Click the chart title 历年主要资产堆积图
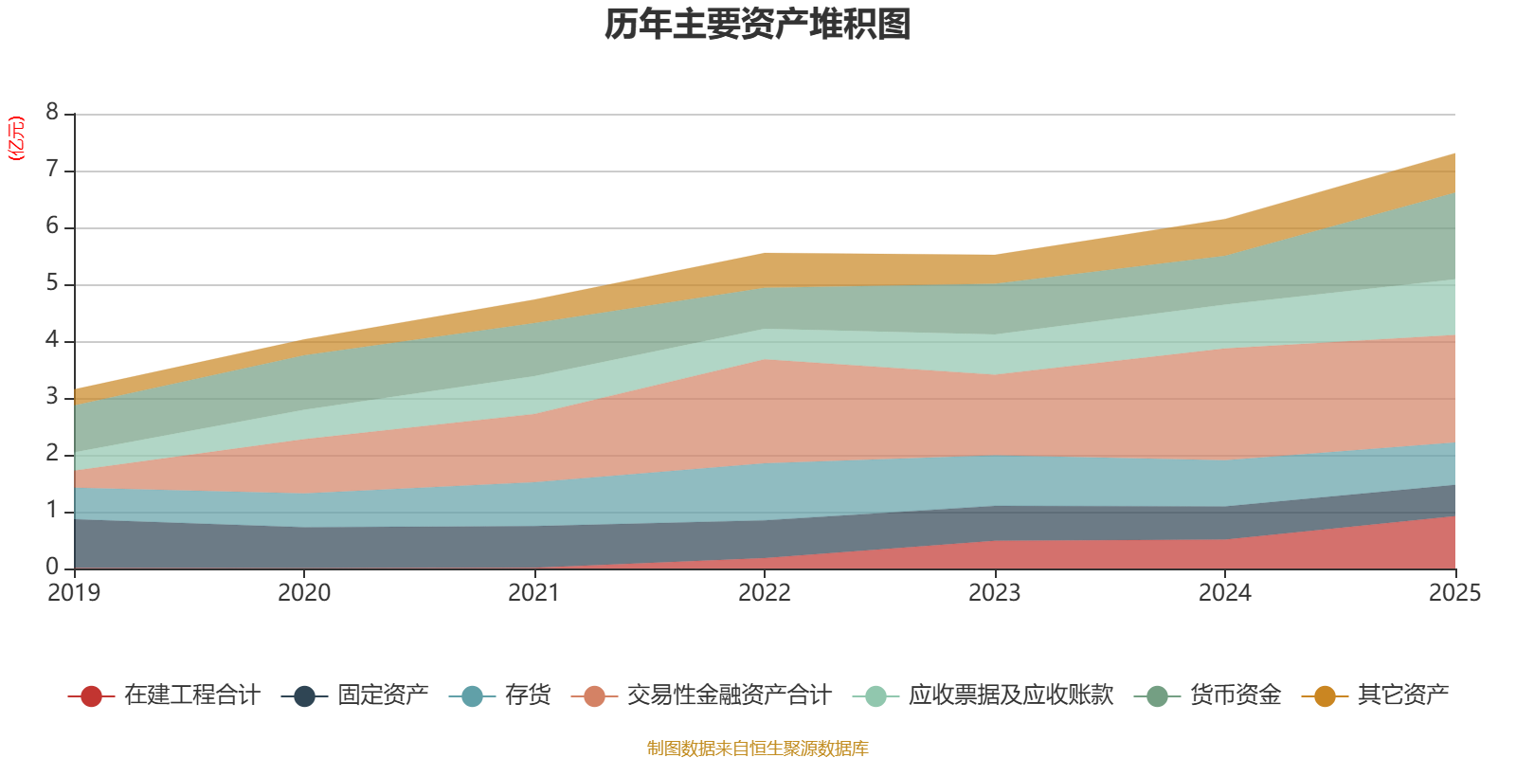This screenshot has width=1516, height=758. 758,25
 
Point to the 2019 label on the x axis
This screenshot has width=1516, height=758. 74,593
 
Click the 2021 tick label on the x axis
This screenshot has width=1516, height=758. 534,593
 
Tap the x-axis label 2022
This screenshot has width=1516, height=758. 765,593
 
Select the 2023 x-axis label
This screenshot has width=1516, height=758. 995,593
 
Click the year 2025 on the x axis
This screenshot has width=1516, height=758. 1454,593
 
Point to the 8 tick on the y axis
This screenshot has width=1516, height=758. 52,113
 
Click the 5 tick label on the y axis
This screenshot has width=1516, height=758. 52,283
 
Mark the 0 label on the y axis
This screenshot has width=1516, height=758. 52,567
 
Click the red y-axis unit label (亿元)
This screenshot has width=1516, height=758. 16,138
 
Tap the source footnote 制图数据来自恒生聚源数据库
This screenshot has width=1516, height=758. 758,749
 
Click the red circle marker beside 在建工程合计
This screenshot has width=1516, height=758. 92,696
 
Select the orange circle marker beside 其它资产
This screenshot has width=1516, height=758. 1325,696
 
